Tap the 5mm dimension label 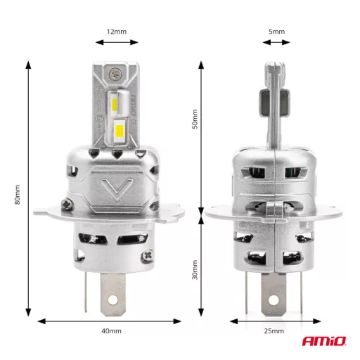tap(277, 32)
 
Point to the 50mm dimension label tap(196, 120)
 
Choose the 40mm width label tap(111, 331)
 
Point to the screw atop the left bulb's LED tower tap(113, 73)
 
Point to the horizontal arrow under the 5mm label tap(277, 43)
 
